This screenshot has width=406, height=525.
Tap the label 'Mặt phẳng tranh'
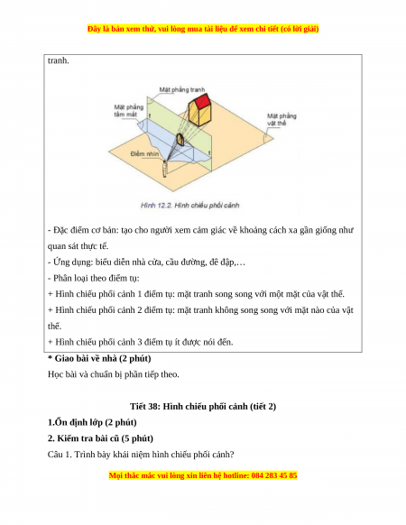[182, 89]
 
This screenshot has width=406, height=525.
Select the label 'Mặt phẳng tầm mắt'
[129, 111]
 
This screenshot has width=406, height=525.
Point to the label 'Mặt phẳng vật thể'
[281, 120]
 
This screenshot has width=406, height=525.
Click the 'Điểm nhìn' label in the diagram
[144, 154]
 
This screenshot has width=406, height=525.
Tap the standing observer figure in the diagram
[164, 169]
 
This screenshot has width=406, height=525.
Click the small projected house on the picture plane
[180, 139]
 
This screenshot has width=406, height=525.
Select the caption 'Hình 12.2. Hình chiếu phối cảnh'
[190, 206]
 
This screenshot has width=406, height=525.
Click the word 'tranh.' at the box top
[59, 61]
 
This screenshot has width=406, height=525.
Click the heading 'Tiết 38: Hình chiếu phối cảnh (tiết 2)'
[203, 407]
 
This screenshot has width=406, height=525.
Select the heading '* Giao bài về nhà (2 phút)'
[99, 359]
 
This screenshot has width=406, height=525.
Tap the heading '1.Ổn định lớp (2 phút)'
[92, 422]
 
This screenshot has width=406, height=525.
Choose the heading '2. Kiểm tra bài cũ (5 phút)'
[100, 438]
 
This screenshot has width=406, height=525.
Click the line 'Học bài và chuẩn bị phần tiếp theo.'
[113, 374]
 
